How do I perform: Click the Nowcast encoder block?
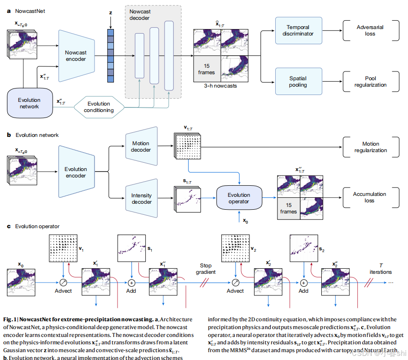(x=76, y=56)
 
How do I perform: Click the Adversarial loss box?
(x=370, y=30)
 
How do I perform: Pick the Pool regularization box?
(x=370, y=82)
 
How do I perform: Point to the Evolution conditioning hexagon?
(x=99, y=107)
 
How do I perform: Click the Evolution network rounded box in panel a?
(x=29, y=103)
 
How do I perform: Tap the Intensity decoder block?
(x=141, y=198)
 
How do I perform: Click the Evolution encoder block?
(x=76, y=172)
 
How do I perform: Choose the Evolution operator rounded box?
(x=239, y=198)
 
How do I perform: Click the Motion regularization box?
(x=370, y=147)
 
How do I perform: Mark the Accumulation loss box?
(x=370, y=197)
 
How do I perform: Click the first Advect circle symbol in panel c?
(x=64, y=282)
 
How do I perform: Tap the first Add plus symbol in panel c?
(x=131, y=282)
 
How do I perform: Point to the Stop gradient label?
(x=205, y=269)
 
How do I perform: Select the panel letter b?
(x=9, y=135)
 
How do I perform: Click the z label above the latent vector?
(x=111, y=13)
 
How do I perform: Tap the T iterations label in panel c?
(x=380, y=269)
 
